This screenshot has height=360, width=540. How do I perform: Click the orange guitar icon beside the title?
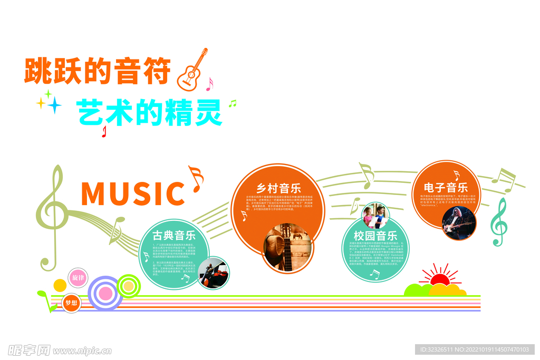(191, 71)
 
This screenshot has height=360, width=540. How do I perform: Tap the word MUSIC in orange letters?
(132, 193)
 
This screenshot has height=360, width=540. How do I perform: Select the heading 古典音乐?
(174, 235)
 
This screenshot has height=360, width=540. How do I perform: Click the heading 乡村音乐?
(278, 188)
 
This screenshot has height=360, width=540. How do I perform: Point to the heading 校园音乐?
(375, 236)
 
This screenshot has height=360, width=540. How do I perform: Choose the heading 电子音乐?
(446, 187)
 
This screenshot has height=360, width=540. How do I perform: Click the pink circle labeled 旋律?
(78, 277)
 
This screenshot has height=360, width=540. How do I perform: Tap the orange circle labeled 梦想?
(71, 303)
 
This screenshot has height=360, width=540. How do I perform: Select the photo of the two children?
(375, 216)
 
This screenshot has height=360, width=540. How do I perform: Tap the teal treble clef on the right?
(499, 222)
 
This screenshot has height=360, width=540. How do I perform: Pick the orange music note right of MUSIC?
(196, 178)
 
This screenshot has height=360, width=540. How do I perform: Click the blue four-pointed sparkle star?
(54, 105)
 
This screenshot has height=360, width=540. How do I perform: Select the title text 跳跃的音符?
(98, 71)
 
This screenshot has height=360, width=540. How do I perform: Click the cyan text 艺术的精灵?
(150, 112)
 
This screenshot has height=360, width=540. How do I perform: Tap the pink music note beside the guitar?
(209, 84)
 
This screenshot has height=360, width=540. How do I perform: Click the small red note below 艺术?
(104, 132)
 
